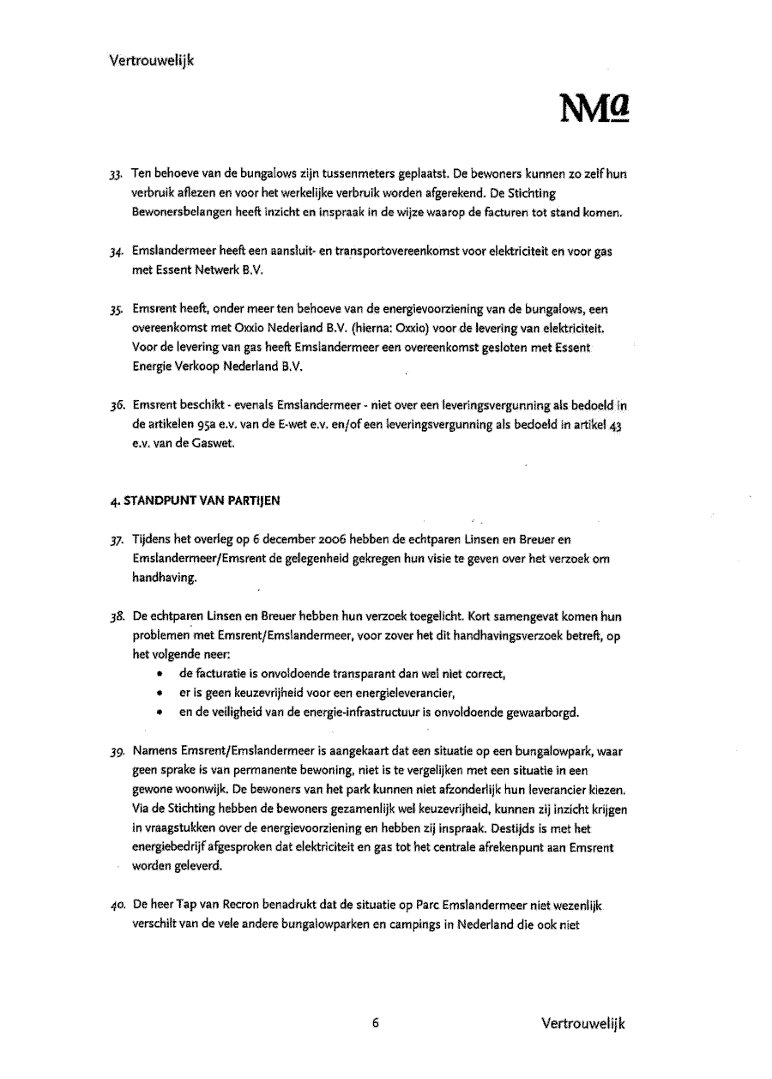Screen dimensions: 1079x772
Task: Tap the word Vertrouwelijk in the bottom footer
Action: click(x=583, y=1023)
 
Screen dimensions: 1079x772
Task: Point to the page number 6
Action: click(x=376, y=1023)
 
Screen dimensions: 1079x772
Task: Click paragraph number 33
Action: click(x=118, y=174)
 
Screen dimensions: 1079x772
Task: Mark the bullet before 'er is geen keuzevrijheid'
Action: click(x=160, y=694)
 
